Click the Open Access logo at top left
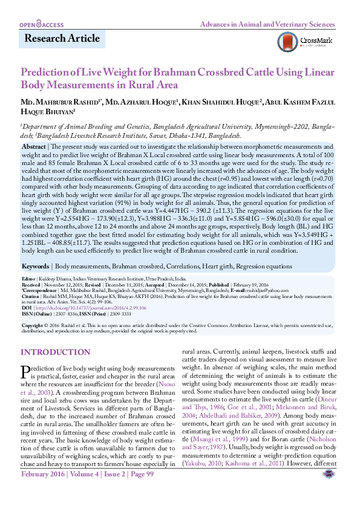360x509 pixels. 42,25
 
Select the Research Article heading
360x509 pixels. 62,39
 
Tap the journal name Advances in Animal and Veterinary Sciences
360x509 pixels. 267,25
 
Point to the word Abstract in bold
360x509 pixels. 34,147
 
